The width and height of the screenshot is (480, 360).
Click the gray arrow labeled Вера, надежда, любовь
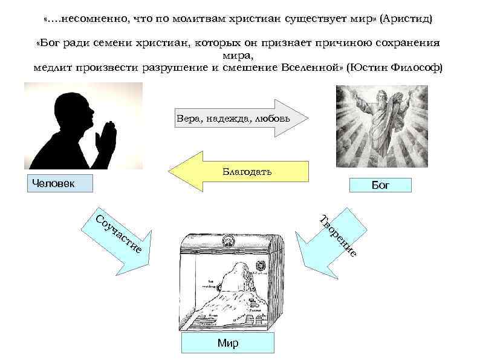click(242, 119)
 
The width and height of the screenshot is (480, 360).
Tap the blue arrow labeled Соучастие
click(117, 239)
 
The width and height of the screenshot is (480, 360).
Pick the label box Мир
click(227, 343)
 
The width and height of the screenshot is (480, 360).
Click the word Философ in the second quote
click(417, 67)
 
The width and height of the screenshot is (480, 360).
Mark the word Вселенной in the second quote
click(311, 67)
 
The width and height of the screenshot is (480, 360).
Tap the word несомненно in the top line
click(90, 19)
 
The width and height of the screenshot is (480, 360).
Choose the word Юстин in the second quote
click(368, 67)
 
